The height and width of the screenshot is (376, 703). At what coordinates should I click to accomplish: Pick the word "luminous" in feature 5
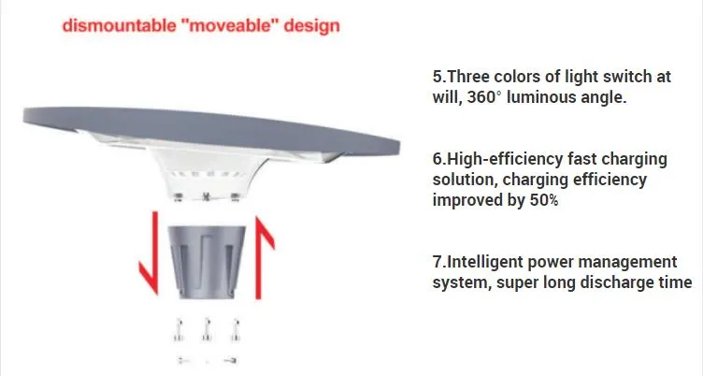tap(561, 96)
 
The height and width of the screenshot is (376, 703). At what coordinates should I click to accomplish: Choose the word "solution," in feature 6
tap(465, 179)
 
